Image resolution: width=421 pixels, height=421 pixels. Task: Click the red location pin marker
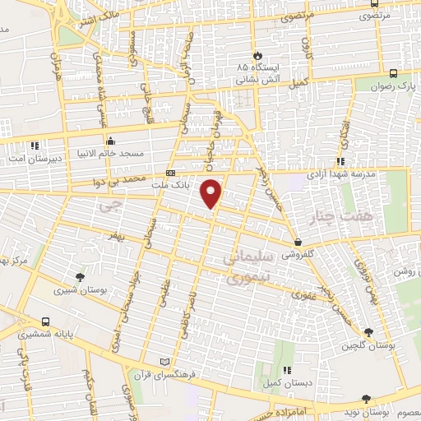point(212,192)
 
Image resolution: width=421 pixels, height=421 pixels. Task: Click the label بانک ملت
point(193,186)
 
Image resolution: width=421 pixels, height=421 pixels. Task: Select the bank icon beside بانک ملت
point(170,173)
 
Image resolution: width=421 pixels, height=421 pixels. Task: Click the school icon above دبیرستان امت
point(34,146)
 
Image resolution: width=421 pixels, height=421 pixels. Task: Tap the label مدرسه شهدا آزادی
point(338,175)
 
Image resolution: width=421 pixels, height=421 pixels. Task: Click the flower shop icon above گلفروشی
point(298,243)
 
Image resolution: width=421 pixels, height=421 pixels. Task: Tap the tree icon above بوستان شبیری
point(79,277)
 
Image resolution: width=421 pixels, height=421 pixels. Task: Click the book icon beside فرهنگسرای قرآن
point(165,362)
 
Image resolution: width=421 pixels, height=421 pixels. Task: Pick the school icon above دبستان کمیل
point(287,371)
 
